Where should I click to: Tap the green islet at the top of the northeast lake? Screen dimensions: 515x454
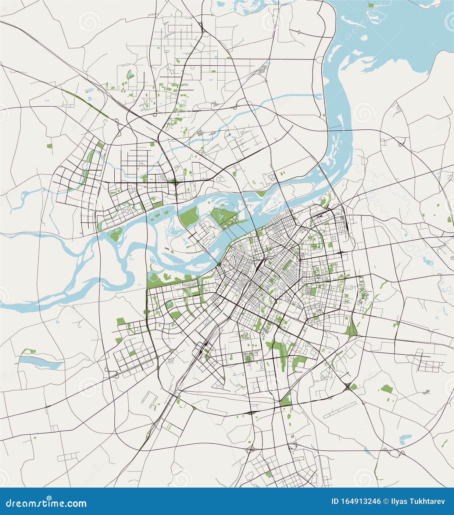click(x=371, y=5)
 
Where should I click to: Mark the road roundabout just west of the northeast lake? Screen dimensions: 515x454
click(x=299, y=32)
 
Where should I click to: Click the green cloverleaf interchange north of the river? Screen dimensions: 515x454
click(x=175, y=183)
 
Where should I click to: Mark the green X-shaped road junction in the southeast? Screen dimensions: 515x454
click(x=348, y=387)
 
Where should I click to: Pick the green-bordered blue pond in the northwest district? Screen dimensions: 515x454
click(x=129, y=73)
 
